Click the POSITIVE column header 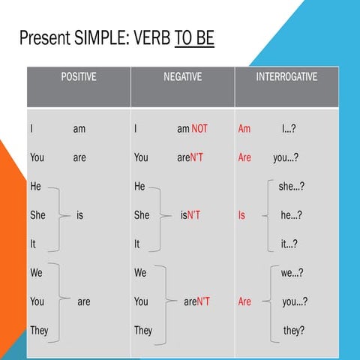[x=78, y=76]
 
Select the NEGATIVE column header [x=182, y=76]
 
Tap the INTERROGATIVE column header [x=286, y=76]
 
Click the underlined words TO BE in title [x=194, y=37]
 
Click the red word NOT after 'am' [x=199, y=129]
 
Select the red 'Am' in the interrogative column [x=244, y=129]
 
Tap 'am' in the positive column [x=79, y=129]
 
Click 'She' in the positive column [x=37, y=215]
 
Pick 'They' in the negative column [x=142, y=330]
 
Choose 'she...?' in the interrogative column [x=291, y=187]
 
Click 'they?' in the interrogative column [x=293, y=330]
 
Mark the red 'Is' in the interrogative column [x=241, y=215]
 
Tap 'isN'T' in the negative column [x=190, y=215]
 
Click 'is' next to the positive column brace [x=79, y=215]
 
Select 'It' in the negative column [x=137, y=244]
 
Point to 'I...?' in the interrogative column [x=288, y=129]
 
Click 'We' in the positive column [x=37, y=273]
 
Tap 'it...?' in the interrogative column [x=289, y=244]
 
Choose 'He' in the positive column [x=35, y=187]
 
